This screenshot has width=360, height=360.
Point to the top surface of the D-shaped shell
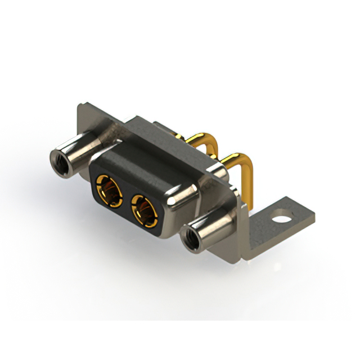click(x=146, y=160)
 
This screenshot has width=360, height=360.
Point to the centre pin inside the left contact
click(x=110, y=190)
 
